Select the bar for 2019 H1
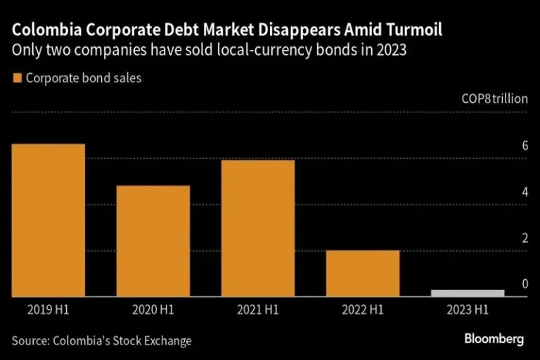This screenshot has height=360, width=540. (49, 220)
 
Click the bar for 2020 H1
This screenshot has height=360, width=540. (153, 241)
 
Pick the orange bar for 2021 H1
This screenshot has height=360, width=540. (258, 229)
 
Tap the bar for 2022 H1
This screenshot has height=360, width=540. (363, 274)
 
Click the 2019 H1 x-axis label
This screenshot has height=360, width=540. (49, 309)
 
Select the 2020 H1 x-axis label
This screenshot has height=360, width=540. (153, 309)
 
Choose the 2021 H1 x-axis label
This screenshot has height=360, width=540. (258, 309)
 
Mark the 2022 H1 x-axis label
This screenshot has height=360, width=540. (363, 309)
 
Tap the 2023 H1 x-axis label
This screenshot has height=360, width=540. (468, 309)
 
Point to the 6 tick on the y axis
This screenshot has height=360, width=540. (524, 146)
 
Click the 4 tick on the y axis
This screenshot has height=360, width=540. (524, 192)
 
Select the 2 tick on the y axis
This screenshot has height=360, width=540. (524, 238)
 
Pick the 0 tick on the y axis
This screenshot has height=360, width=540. (524, 284)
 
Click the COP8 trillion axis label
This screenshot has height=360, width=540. (494, 99)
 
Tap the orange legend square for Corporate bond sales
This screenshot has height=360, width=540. (17, 78)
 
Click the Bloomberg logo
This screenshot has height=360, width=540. (494, 340)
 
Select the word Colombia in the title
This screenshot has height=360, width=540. (44, 32)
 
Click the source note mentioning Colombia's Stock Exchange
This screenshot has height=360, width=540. (101, 341)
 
